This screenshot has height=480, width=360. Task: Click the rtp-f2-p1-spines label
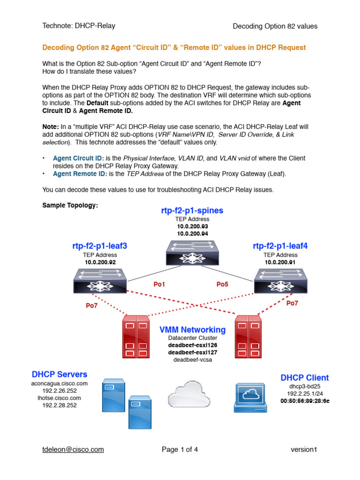coord(192,210)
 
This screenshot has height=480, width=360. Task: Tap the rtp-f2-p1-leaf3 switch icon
coord(100,280)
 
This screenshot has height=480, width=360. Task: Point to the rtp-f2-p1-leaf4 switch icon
coord(281,280)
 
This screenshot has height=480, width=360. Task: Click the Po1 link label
coord(160,284)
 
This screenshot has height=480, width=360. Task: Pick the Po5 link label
coord(222,284)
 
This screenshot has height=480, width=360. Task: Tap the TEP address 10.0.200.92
coord(100,262)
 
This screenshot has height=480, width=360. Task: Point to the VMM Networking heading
coord(192,330)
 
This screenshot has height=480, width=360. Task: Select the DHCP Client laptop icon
coord(251,397)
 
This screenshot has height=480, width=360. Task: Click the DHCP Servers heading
coord(60,374)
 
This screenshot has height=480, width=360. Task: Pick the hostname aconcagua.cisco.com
coord(60,383)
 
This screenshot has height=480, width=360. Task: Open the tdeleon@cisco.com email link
coord(73,450)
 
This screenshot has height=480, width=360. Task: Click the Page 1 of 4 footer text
coord(180,450)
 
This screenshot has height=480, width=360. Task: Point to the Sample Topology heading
coord(70,205)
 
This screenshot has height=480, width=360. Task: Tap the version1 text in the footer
coord(304,450)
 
